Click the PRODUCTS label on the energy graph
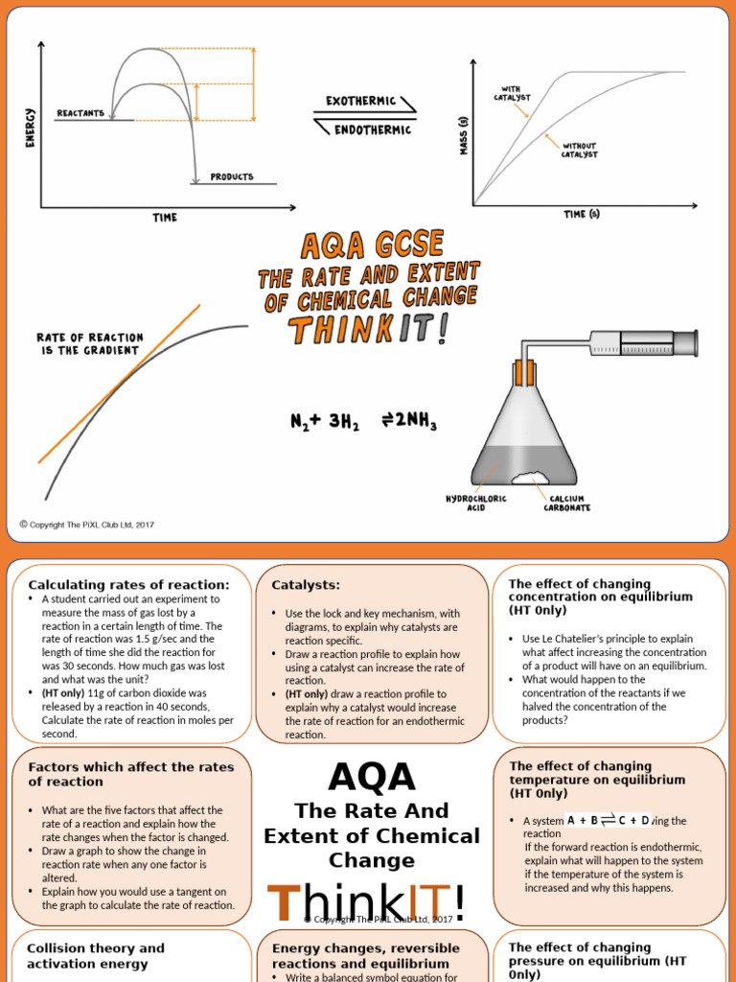(x=232, y=177)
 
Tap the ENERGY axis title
(x=29, y=128)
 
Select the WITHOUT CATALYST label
(x=579, y=150)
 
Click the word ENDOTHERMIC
(x=372, y=129)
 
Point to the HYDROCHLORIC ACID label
(x=476, y=503)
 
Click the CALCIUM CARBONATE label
(x=568, y=503)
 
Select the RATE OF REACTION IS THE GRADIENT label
(x=89, y=343)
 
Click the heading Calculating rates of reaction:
(x=128, y=584)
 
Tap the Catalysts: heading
(x=306, y=584)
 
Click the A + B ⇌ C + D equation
(x=608, y=820)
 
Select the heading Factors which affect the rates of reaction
(x=125, y=774)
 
